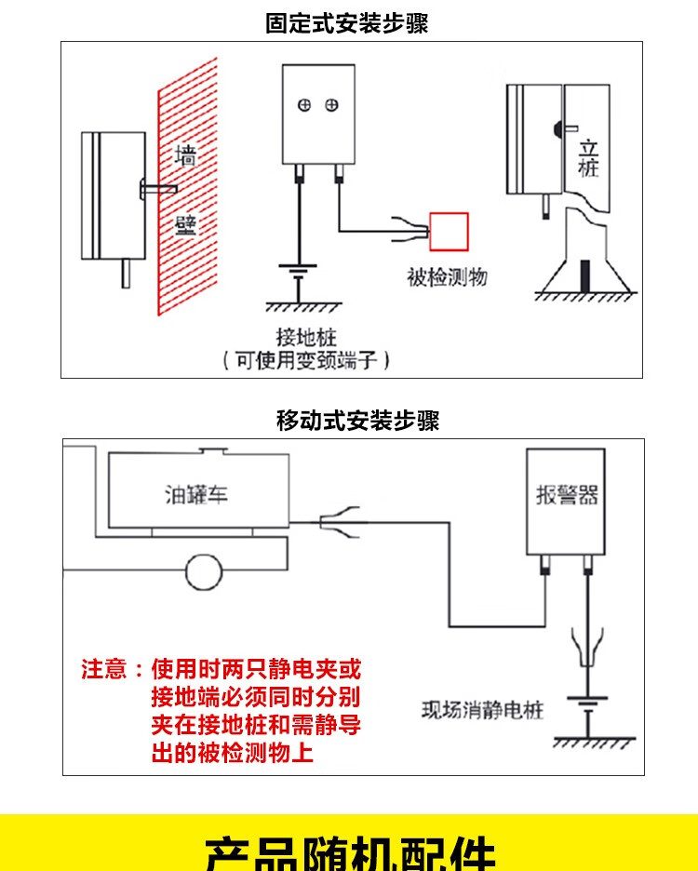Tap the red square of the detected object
coord(448,233)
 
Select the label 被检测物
coord(447,277)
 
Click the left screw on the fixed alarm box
coord(303,106)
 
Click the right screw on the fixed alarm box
coord(331,106)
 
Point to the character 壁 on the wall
coord(186,225)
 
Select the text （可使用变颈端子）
coord(306,360)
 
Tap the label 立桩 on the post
coord(588,158)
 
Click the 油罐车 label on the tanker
coord(195,493)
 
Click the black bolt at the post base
coord(584,275)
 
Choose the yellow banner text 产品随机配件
coord(349,852)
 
